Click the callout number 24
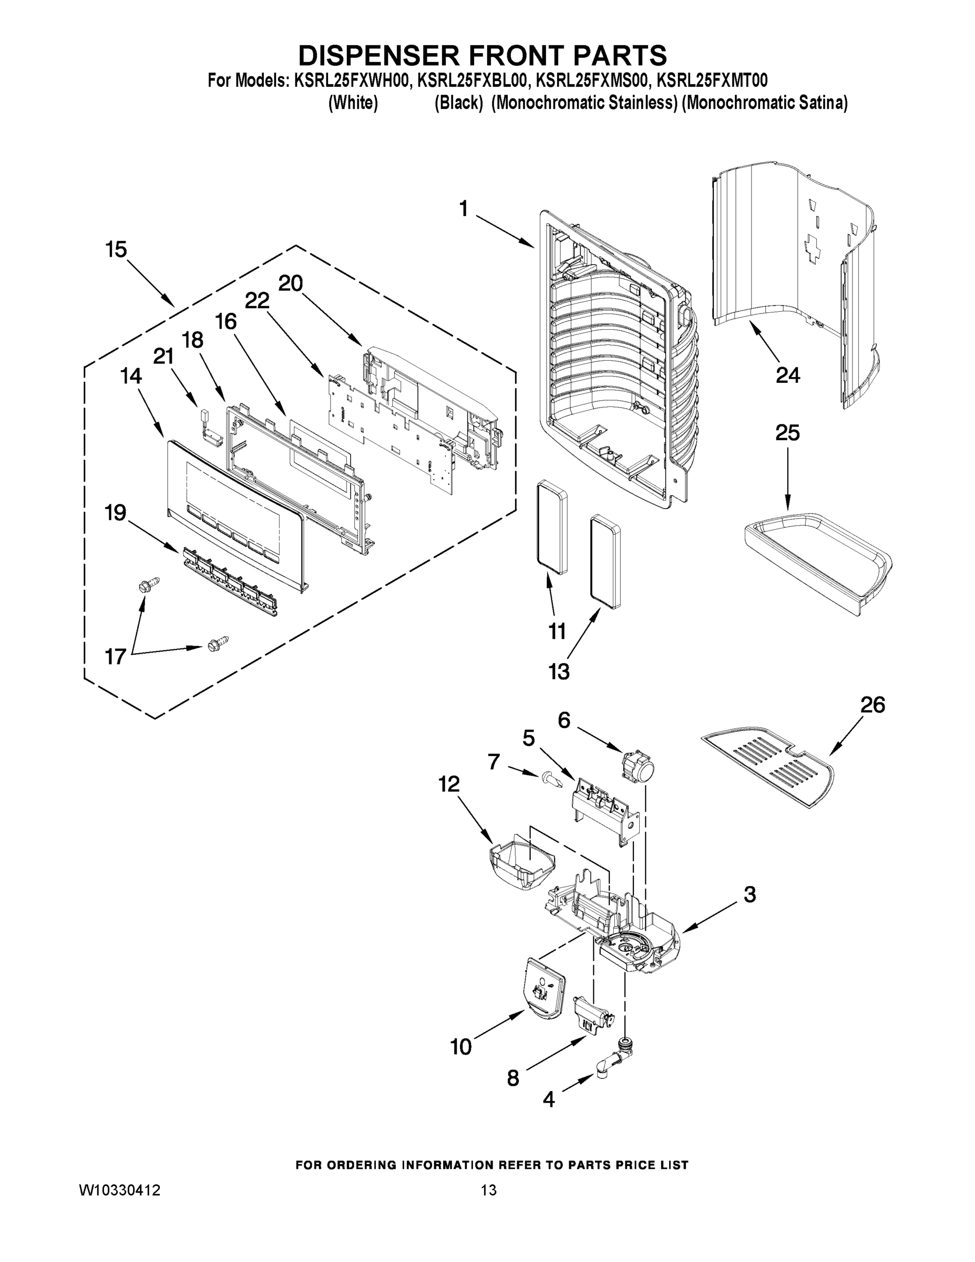point(787,375)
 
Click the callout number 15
point(116,250)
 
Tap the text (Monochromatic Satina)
point(764,104)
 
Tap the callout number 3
point(749,894)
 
